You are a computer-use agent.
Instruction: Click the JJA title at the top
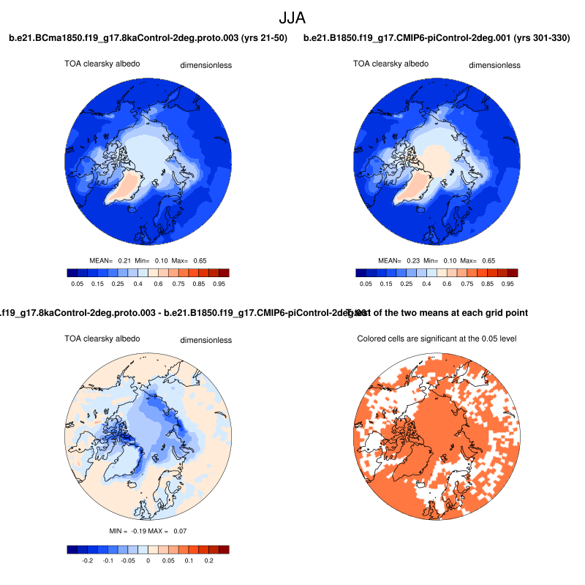292,16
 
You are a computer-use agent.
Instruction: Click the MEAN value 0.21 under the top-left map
124,260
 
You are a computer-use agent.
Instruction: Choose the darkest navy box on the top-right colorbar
361,273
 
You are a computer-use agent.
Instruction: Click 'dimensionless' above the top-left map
206,65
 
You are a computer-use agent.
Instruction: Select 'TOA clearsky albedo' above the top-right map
390,64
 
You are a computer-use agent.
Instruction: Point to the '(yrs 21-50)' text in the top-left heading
261,37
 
